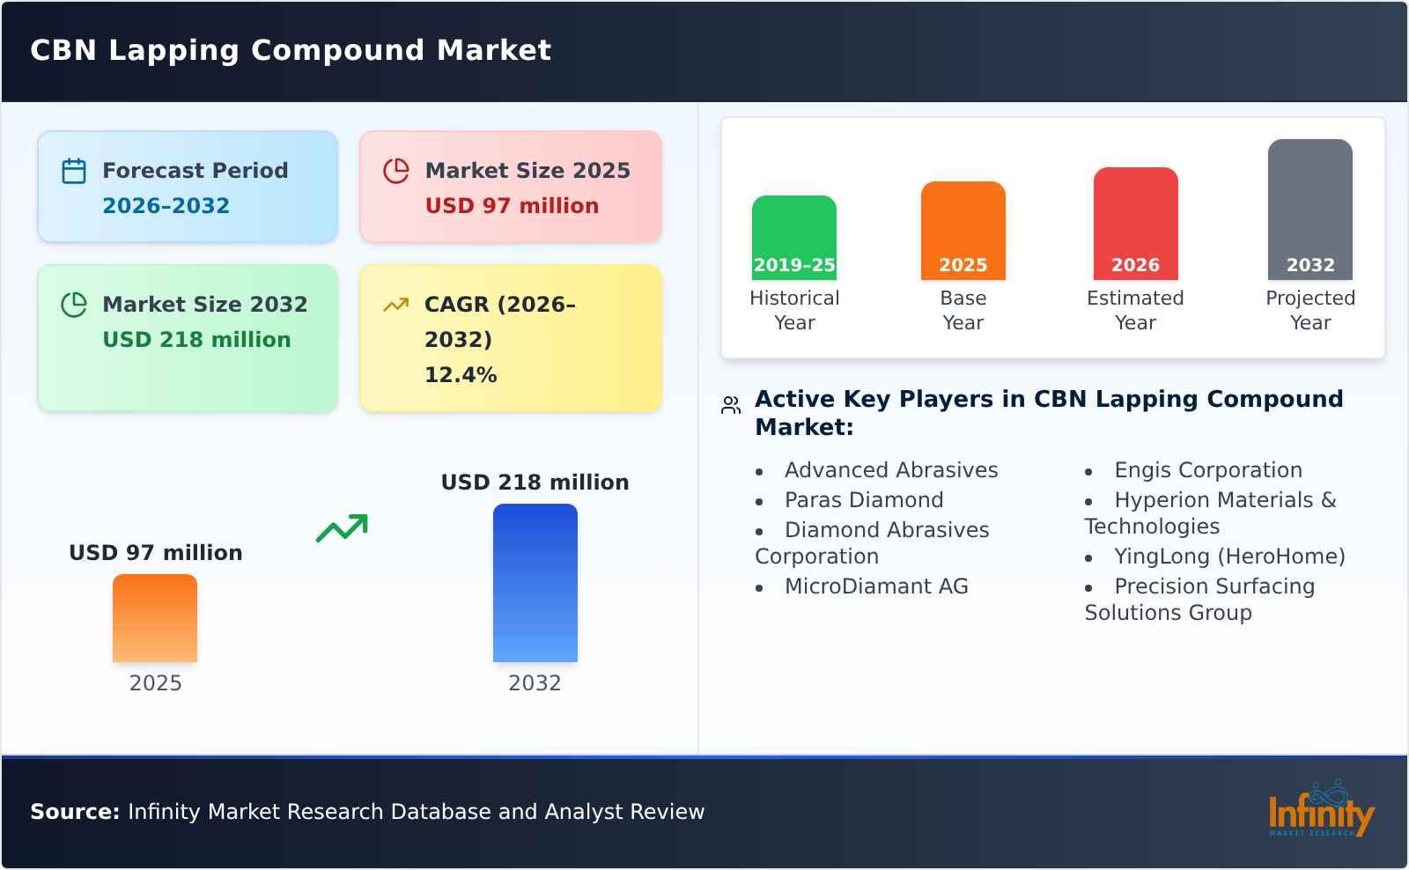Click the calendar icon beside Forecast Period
74,171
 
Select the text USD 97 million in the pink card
512,206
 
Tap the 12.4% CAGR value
461,375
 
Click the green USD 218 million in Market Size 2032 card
196,340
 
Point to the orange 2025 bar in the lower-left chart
155,618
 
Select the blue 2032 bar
535,583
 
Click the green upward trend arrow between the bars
342,528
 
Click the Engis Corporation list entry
1207,470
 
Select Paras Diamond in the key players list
863,500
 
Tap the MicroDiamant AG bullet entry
875,586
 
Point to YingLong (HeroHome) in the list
1228,557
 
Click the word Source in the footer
74,812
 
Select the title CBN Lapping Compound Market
291,50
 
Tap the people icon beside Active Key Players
731,405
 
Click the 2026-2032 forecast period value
166,206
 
